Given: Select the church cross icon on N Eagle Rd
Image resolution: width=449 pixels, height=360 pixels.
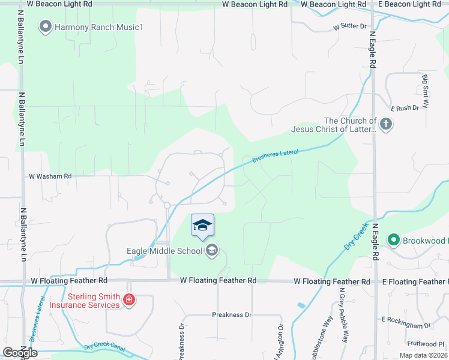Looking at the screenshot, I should (x=385, y=125).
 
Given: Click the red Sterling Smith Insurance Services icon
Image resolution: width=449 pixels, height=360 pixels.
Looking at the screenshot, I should (x=128, y=301).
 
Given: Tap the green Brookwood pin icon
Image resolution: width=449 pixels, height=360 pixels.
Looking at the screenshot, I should (x=393, y=241).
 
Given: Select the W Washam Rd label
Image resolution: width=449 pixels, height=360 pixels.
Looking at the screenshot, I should (x=50, y=176).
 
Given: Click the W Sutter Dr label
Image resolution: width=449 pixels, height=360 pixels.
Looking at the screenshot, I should (x=349, y=27).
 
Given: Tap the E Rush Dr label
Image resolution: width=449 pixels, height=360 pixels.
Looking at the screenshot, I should (x=404, y=109).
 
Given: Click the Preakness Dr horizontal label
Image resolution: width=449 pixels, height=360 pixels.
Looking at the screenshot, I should (x=231, y=314).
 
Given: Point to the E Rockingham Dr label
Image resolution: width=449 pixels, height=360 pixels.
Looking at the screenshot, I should (x=406, y=322).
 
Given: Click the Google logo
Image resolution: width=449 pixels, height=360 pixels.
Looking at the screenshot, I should (x=20, y=353).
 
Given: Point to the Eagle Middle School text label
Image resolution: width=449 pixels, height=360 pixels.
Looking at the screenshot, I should (x=164, y=251).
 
